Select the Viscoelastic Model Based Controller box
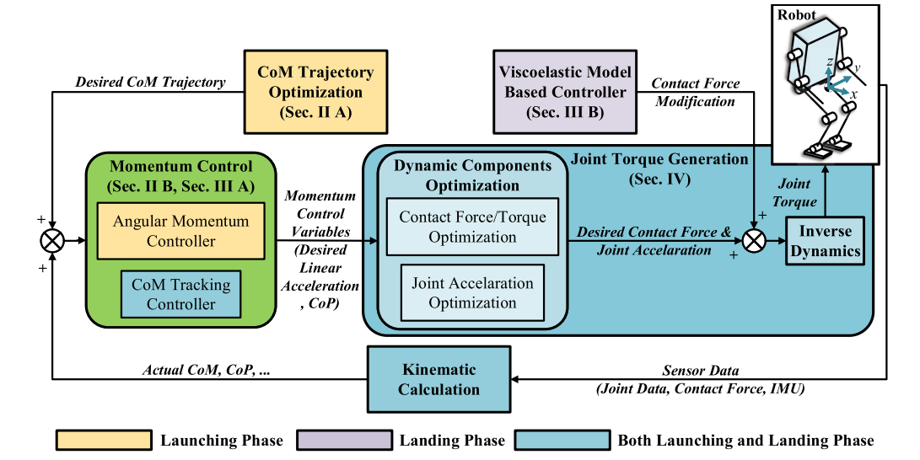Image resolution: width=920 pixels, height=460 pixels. point(565,92)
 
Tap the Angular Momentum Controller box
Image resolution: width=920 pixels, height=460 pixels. point(181,231)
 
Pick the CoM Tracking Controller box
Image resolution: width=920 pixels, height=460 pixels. point(181,293)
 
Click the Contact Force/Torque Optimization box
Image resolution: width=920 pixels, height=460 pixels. point(472,227)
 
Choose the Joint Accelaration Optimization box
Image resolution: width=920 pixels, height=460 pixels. point(472,292)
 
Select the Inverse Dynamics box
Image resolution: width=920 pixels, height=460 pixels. point(826,240)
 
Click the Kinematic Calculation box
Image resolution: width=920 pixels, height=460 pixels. point(438,379)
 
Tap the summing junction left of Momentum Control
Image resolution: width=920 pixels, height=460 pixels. point(52,240)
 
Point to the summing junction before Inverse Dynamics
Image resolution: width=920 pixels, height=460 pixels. point(754,240)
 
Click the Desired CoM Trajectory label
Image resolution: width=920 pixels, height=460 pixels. point(150,82)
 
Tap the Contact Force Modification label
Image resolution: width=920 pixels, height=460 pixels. point(695,92)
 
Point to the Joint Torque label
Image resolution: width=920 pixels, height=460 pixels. point(794,192)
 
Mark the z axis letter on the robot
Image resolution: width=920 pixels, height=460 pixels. point(830,62)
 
